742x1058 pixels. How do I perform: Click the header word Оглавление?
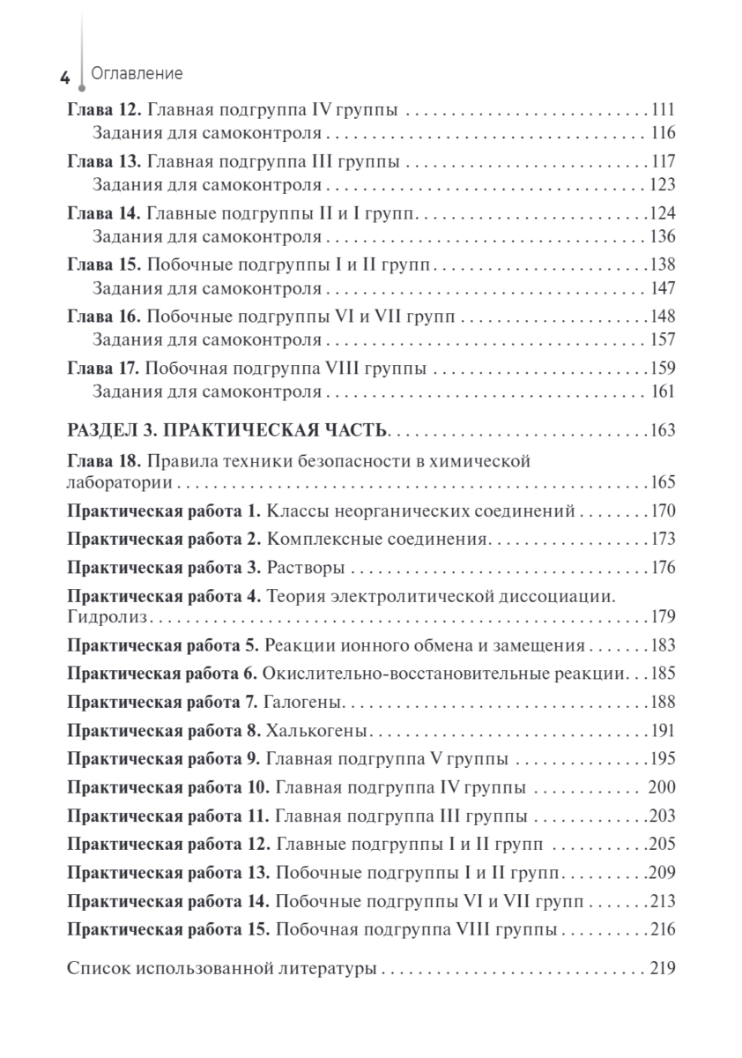pyautogui.click(x=137, y=74)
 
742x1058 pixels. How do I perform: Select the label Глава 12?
pyautogui.click(x=104, y=111)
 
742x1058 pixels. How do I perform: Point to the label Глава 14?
pyautogui.click(x=104, y=213)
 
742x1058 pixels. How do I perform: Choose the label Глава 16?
pyautogui.click(x=104, y=316)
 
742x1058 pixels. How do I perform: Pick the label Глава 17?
pyautogui.click(x=104, y=367)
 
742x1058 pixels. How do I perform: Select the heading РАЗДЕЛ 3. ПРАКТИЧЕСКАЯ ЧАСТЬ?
pyautogui.click(x=227, y=431)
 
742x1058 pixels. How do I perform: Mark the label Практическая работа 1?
pyautogui.click(x=164, y=510)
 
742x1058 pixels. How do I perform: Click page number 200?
pyautogui.click(x=661, y=787)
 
